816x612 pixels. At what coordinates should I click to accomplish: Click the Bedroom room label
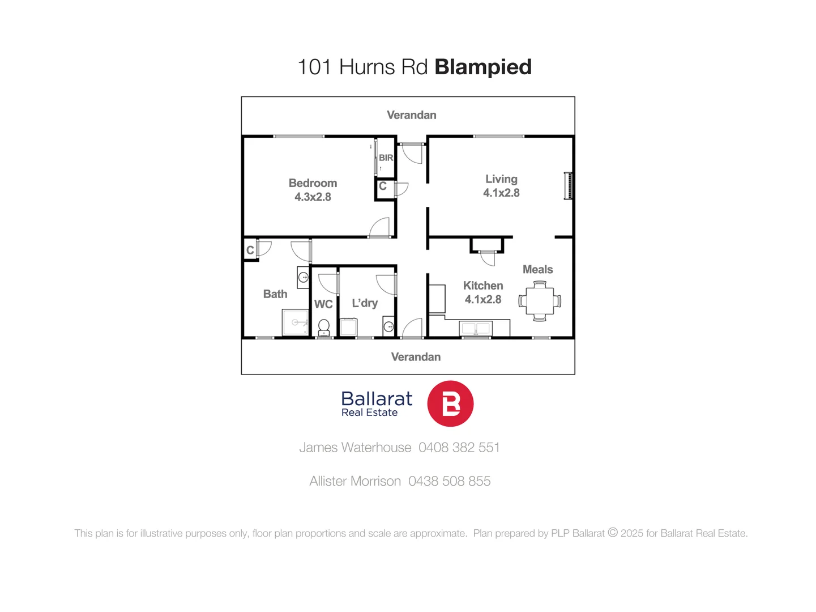click(313, 183)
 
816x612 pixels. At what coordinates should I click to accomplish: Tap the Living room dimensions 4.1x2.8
click(501, 193)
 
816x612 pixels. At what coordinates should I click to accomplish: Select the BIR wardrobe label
click(386, 158)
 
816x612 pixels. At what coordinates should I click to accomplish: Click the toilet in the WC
click(324, 327)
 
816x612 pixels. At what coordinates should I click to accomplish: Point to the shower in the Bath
click(295, 322)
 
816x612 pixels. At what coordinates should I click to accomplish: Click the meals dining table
click(540, 301)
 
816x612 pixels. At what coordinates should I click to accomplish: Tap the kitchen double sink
click(476, 328)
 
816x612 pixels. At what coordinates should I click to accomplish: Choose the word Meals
click(537, 270)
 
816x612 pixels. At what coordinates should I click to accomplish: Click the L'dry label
click(365, 303)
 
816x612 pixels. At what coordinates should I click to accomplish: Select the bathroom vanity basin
click(304, 277)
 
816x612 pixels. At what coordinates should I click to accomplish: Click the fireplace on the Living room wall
click(568, 186)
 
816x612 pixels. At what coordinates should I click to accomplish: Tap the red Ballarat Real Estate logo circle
click(450, 403)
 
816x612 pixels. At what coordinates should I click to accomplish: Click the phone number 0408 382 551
click(459, 448)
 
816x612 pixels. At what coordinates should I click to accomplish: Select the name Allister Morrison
click(355, 481)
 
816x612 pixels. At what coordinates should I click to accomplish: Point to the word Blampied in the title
click(483, 67)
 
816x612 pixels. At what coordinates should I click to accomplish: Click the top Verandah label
click(412, 115)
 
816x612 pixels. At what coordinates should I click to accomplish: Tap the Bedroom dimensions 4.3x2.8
click(313, 197)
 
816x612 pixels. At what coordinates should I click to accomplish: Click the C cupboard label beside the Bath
click(250, 250)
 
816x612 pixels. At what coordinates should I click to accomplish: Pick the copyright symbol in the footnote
click(613, 533)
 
